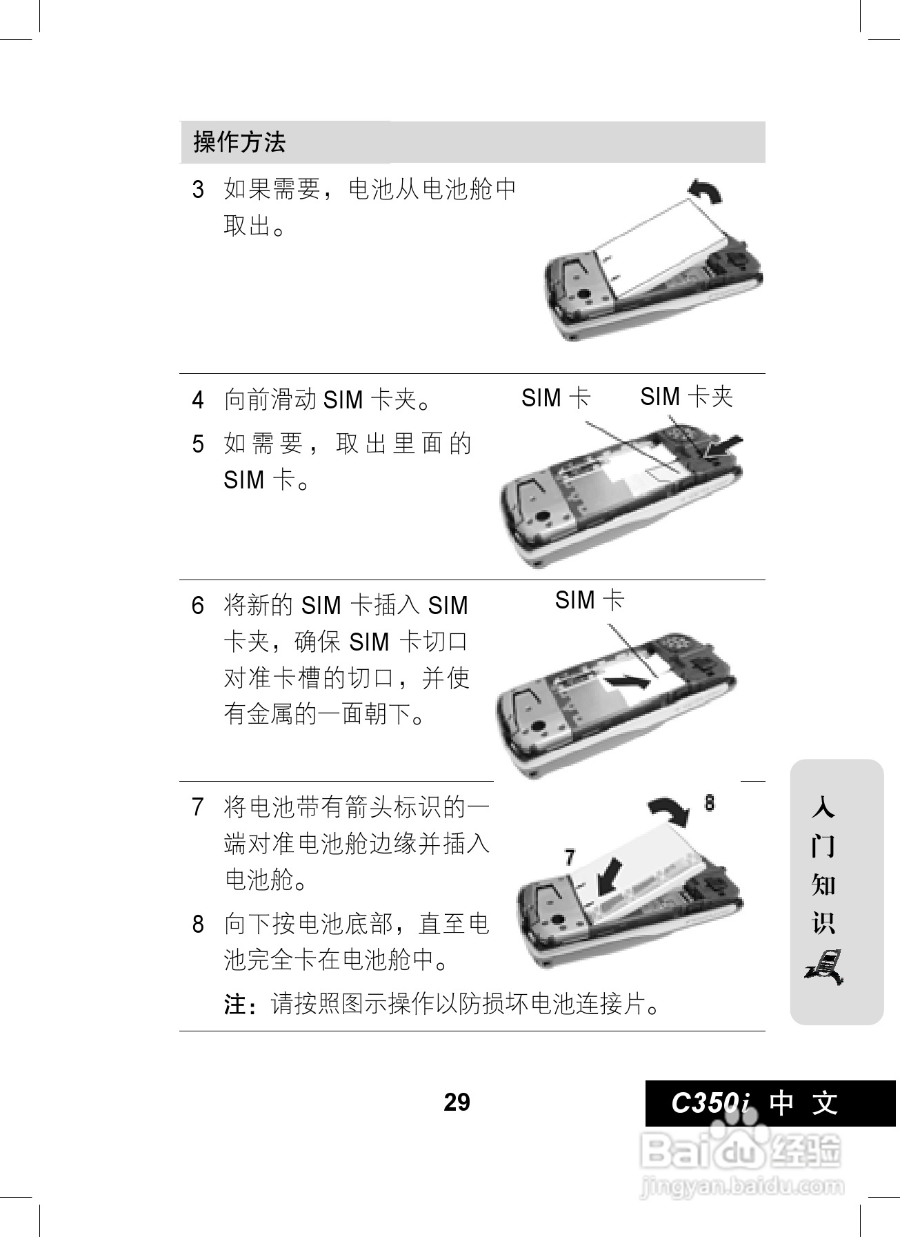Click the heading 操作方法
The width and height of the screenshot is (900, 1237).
coord(239,142)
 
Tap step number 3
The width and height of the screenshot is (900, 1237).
coord(199,190)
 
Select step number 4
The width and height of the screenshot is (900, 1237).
coord(199,400)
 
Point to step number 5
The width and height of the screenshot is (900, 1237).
coord(199,444)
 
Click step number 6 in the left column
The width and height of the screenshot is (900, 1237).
coord(199,606)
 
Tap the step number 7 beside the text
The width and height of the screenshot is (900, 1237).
coord(199,806)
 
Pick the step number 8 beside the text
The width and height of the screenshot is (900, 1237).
coord(199,924)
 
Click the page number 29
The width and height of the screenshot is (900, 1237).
coord(457,1102)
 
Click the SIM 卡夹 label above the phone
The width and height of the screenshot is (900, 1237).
coord(686,397)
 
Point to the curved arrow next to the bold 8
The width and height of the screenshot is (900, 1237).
coord(669,810)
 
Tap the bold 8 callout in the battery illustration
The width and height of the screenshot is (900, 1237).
coord(710,803)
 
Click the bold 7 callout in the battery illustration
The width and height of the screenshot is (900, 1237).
coord(570,858)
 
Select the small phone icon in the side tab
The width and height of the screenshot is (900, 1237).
coord(825,967)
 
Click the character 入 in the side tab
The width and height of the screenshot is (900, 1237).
coord(823,807)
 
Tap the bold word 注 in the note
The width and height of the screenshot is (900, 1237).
coord(236,1005)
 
